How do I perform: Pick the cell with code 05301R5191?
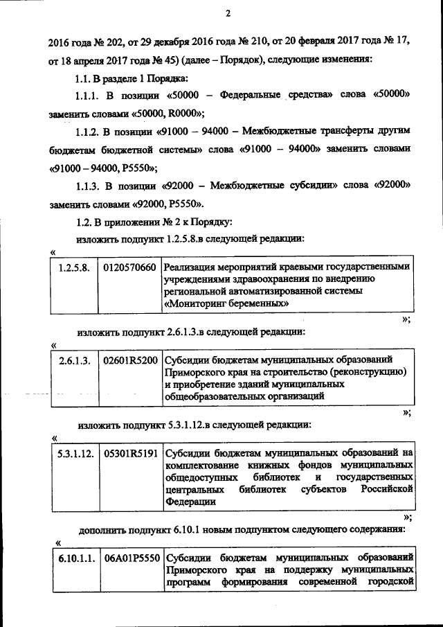[129, 453]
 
